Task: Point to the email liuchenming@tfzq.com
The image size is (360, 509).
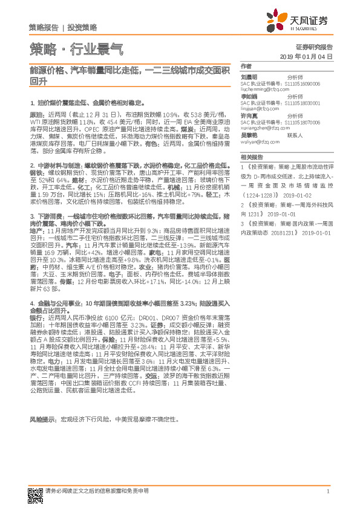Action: coord(264,88)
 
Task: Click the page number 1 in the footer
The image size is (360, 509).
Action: coord(327,491)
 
